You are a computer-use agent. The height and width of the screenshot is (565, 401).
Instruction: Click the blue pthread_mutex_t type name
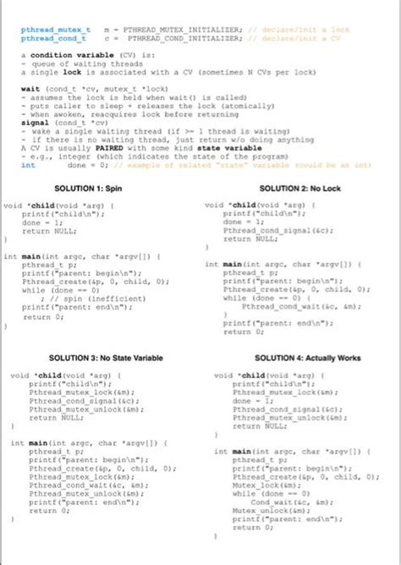click(50, 30)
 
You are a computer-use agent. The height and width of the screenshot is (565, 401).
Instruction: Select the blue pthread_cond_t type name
click(48, 38)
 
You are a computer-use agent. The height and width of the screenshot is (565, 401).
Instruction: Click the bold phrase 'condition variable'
click(74, 55)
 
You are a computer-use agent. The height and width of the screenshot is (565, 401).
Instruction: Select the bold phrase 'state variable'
click(211, 148)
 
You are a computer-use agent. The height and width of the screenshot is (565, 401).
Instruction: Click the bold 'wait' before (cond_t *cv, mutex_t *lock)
click(30, 89)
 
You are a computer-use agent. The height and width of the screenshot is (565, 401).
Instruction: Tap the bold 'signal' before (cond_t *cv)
click(35, 123)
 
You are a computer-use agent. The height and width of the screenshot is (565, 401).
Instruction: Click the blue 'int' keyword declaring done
click(28, 165)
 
